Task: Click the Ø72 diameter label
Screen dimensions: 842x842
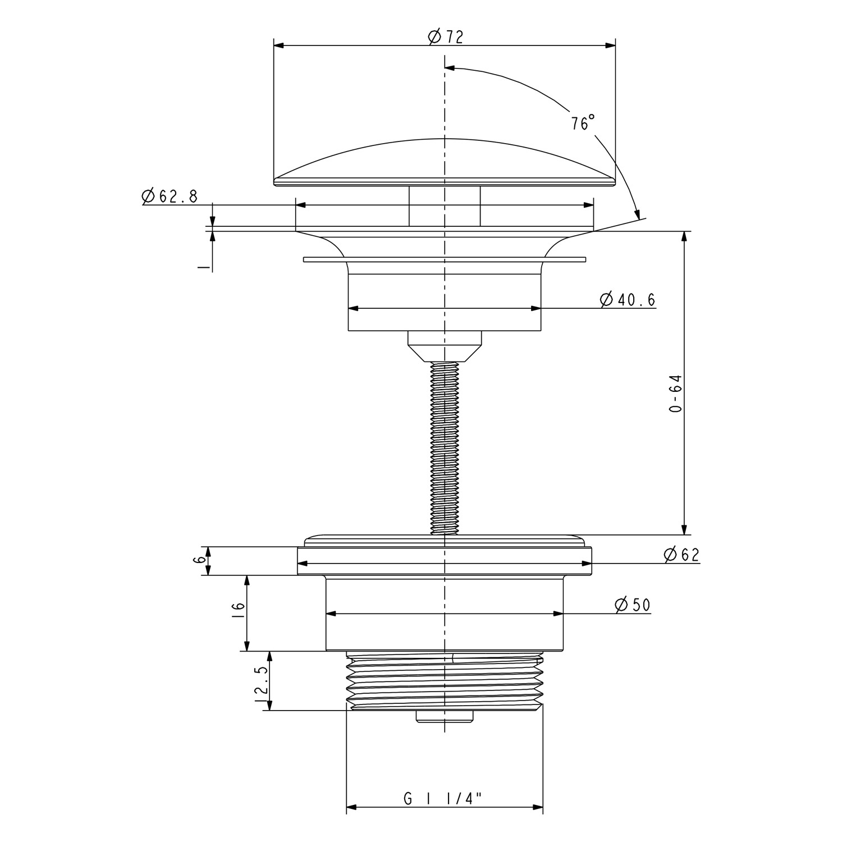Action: (x=445, y=37)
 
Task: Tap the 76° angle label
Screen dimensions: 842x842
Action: (x=583, y=123)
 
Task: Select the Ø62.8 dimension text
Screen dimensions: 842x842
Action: (x=170, y=196)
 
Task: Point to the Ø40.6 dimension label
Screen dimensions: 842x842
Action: (x=628, y=300)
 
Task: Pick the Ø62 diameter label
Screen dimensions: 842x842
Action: (x=681, y=555)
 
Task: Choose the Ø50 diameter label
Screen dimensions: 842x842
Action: (x=633, y=605)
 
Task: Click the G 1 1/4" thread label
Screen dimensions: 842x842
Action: (x=443, y=798)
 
